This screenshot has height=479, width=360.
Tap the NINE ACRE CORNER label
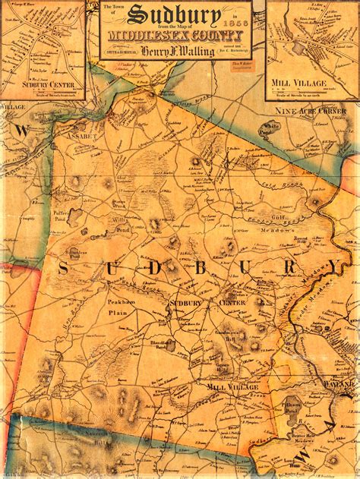point(311,112)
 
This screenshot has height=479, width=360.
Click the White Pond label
point(270,127)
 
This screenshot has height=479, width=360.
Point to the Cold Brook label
point(277,181)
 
